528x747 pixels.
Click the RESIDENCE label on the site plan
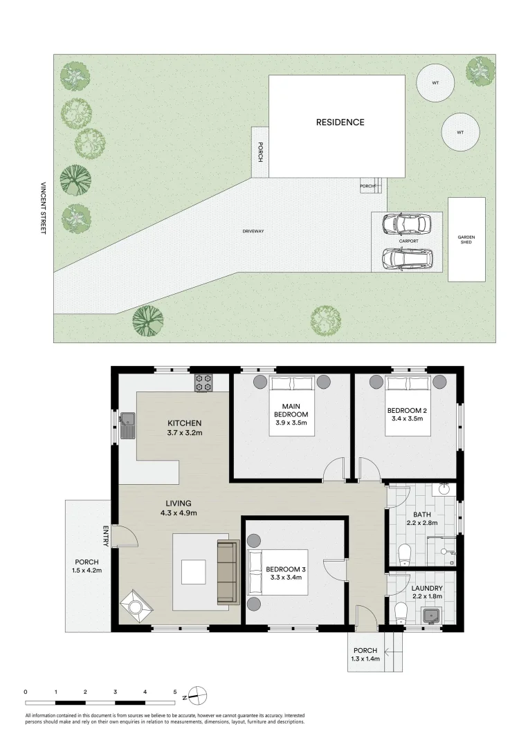pos(340,122)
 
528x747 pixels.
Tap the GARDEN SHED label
pos(466,239)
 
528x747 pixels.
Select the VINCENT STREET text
pos(43,208)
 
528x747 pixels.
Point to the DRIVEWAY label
pos(254,231)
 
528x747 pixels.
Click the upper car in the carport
pos(407,223)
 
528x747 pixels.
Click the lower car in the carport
pos(407,259)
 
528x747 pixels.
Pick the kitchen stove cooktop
pos(203,382)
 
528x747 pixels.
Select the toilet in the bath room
pos(406,553)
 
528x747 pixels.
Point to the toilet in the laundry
pos(399,613)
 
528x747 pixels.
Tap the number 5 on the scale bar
pos(175,691)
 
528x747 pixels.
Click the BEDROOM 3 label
pos(284,569)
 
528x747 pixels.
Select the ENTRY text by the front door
pos(106,536)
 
